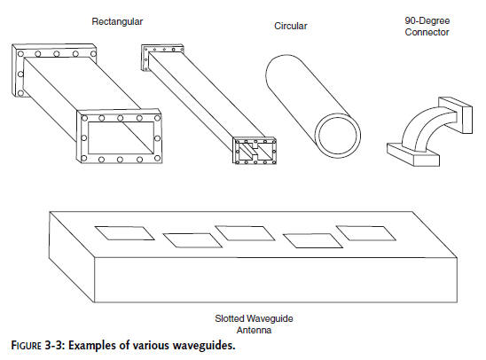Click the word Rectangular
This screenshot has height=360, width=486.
coord(117,21)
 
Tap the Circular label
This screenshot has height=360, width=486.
coord(290,26)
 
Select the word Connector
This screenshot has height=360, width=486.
coord(427,32)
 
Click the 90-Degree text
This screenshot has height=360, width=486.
coord(427,20)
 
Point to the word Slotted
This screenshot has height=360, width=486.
coord(230,318)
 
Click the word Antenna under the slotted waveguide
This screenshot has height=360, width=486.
coord(254,330)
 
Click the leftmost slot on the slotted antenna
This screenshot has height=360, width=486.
coord(124,233)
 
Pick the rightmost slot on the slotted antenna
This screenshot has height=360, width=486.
coord(366,233)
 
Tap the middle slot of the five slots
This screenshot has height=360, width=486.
coord(245,233)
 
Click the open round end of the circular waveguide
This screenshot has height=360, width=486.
coord(338,136)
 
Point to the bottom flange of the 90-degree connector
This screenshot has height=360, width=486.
coord(413,154)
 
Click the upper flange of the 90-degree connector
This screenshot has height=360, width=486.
coord(456,115)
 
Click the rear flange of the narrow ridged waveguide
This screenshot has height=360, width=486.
coord(145,58)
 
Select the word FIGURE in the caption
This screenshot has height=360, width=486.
coord(27,346)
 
